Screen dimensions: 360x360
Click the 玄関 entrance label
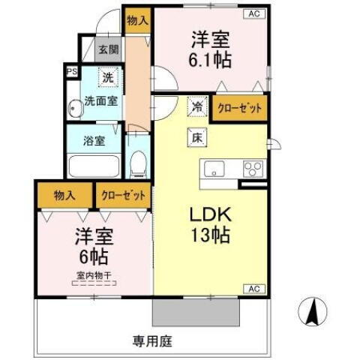(x=109, y=50)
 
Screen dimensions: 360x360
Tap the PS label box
(x=72, y=72)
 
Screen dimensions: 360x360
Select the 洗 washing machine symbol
(x=108, y=76)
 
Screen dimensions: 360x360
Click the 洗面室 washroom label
(x=100, y=100)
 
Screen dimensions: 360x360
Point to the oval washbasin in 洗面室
(x=74, y=108)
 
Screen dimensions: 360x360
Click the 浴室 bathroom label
(x=94, y=140)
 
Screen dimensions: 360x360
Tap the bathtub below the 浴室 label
(x=94, y=165)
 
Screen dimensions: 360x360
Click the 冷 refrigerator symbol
(x=196, y=106)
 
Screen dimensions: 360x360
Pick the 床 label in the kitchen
(x=196, y=137)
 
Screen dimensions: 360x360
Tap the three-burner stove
(x=253, y=168)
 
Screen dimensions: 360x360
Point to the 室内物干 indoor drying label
(x=91, y=275)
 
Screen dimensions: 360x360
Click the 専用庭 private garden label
(x=153, y=342)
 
